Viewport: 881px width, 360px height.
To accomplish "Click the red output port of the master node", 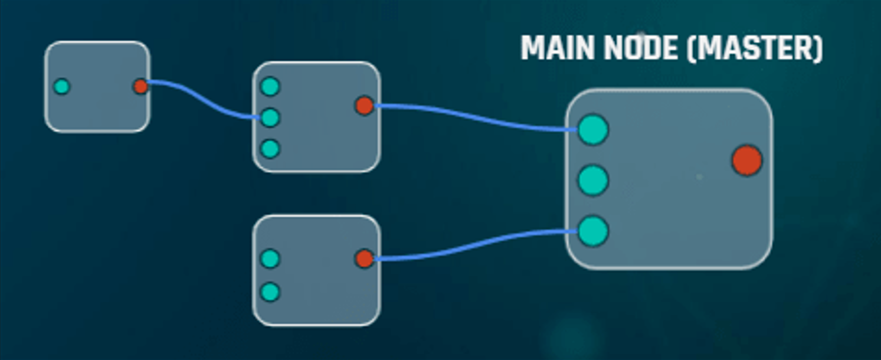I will tap(746, 161).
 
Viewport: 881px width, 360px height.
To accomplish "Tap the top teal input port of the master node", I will tap(592, 130).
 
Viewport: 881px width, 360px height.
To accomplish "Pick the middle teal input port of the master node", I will tap(592, 181).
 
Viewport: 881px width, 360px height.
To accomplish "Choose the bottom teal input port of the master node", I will tap(592, 231).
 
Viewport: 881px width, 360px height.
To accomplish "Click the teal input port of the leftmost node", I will tap(61, 87).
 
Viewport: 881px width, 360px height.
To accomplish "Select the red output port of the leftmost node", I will tap(140, 87).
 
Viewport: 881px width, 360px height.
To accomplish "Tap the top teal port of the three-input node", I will tap(270, 87).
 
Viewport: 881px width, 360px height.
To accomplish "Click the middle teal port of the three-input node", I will tap(270, 118).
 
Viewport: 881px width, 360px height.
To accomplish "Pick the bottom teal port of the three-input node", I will tap(270, 149).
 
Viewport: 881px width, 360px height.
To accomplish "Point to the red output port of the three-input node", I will tap(364, 106).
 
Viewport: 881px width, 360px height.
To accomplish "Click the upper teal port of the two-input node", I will tap(270, 258).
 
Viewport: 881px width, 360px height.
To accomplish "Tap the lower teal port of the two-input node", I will tap(270, 292).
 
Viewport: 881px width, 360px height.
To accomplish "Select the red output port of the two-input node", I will tap(364, 258).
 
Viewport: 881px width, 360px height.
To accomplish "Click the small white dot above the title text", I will tap(642, 34).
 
